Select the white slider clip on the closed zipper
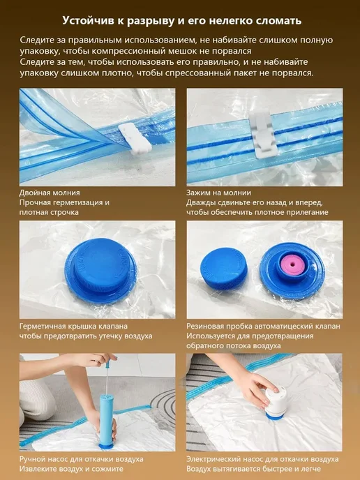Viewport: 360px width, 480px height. pos(263,135)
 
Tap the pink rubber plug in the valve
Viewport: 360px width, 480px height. pos(292,264)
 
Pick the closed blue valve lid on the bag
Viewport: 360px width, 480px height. pos(100,270)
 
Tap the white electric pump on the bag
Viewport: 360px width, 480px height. pos(276,404)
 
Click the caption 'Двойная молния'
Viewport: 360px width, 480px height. pos(50,193)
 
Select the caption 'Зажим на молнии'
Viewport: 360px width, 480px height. pos(218,193)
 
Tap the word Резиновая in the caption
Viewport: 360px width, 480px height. pos(207,326)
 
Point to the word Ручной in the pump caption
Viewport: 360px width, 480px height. pos(33,459)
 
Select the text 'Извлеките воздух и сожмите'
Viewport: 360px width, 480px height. pos(71,469)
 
